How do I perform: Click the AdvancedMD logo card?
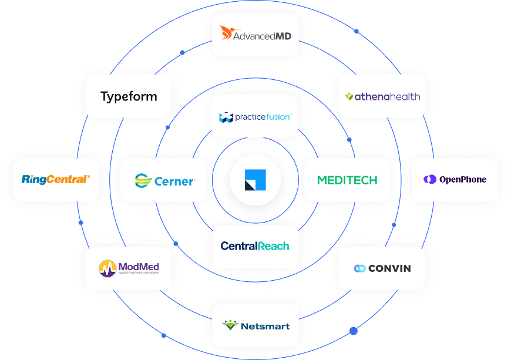tap(255, 35)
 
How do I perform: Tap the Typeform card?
tap(129, 96)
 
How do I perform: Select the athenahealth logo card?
tap(382, 96)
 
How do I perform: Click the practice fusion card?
tap(255, 117)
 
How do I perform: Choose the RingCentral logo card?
tap(56, 180)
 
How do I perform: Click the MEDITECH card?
tap(347, 180)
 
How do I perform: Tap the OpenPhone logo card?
tap(455, 180)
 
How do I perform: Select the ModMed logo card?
tap(129, 268)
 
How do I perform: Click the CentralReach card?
tap(255, 246)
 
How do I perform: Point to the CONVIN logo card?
tap(382, 268)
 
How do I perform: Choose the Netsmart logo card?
tap(255, 325)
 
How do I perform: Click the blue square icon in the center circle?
tap(255, 180)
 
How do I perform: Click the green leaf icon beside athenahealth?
tap(349, 96)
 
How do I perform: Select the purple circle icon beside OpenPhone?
tap(431, 180)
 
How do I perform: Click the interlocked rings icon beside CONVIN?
tap(359, 268)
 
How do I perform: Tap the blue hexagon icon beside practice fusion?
tap(226, 117)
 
